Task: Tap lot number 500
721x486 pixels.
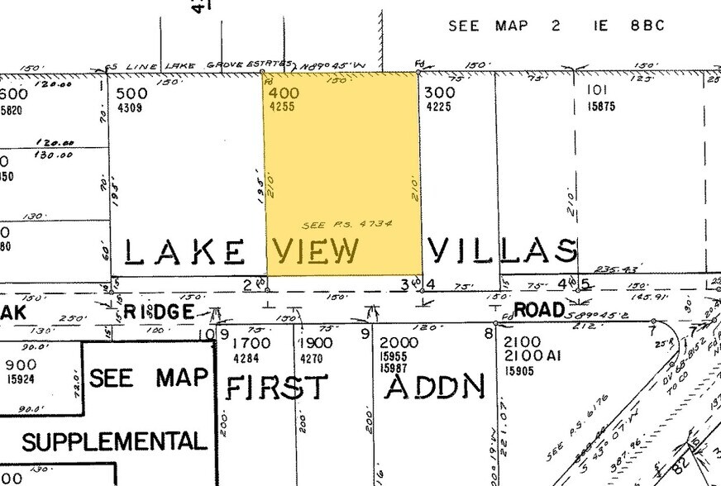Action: tap(132, 93)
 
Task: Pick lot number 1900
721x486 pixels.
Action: tap(316, 343)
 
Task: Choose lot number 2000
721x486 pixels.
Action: tap(399, 342)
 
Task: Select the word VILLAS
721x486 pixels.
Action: tap(502, 250)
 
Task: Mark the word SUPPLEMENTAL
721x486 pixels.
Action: tap(114, 441)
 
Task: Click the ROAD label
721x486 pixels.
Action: tap(537, 310)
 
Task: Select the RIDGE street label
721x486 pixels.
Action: tap(164, 312)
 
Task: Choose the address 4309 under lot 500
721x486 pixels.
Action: tap(130, 107)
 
